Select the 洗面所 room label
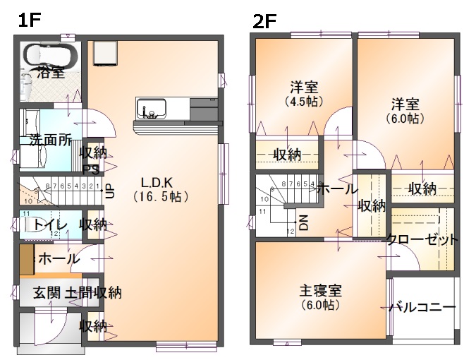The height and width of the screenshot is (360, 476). [50, 140]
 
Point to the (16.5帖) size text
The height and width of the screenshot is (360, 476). [160, 197]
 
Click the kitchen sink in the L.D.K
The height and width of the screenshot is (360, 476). [151, 109]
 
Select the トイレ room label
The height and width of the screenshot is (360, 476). [50, 224]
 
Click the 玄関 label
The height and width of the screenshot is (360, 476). [48, 292]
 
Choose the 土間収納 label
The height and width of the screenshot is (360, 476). [93, 292]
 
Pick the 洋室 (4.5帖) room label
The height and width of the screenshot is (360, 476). [304, 88]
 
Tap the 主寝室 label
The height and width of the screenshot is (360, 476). [320, 290]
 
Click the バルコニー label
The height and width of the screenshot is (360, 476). [422, 308]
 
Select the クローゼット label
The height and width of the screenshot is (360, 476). [422, 240]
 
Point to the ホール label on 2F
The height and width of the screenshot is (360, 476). [336, 188]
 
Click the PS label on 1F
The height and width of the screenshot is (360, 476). [90, 169]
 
